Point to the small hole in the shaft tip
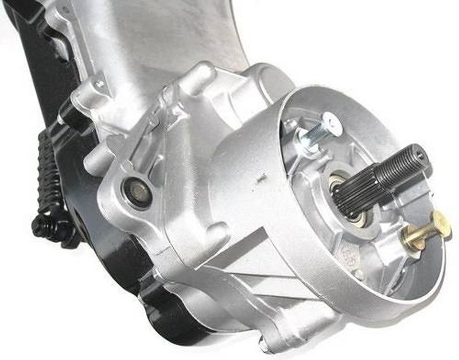pyautogui.click(x=422, y=153)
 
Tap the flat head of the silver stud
pyautogui.click(x=332, y=122)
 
